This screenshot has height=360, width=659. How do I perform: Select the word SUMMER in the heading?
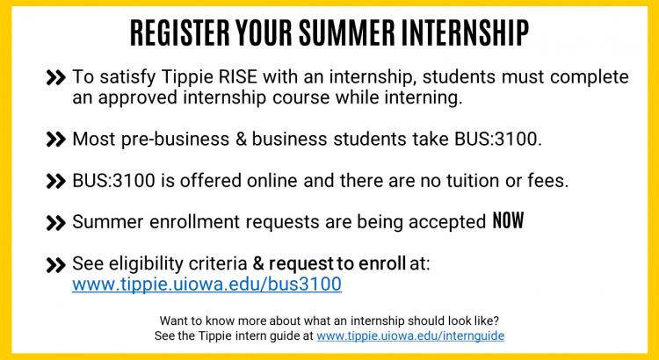pos(347,32)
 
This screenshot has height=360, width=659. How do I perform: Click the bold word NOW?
pos(508,220)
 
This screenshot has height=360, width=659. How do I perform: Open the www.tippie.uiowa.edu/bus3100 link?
pos(206,284)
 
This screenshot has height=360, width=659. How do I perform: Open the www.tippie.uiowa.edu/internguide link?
pos(410,336)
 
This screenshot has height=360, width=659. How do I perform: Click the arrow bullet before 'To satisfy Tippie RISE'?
pos(56,78)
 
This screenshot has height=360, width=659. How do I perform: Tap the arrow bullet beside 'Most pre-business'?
pos(56,140)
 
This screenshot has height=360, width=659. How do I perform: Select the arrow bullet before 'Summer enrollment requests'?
pos(56,223)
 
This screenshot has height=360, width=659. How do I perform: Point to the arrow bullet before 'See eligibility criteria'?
pos(56,265)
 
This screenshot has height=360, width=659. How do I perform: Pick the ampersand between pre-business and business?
pos(241,139)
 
